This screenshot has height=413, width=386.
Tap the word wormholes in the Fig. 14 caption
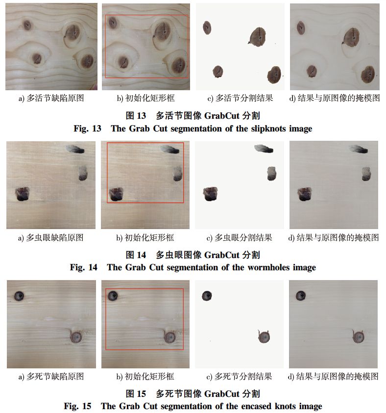(269, 268)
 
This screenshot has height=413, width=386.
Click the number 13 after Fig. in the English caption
(96, 129)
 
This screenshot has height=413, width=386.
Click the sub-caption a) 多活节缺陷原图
(51, 98)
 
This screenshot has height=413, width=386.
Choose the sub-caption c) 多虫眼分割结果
(240, 237)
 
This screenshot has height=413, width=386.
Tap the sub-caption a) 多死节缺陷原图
(51, 376)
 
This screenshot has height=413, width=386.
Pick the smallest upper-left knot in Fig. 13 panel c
(207, 27)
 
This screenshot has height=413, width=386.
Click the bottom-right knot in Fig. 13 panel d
(367, 74)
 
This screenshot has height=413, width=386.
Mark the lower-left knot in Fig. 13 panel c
(218, 72)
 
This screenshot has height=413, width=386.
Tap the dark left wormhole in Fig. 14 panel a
(22, 194)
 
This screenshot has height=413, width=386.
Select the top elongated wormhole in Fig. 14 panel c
(264, 149)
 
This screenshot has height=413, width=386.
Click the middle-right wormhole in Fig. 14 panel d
(366, 174)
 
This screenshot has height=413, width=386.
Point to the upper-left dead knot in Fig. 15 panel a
(19, 296)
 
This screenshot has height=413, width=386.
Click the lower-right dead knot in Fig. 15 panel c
(264, 336)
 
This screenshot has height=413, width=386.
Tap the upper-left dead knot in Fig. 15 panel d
(301, 296)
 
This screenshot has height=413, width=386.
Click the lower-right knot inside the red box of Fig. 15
(169, 337)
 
